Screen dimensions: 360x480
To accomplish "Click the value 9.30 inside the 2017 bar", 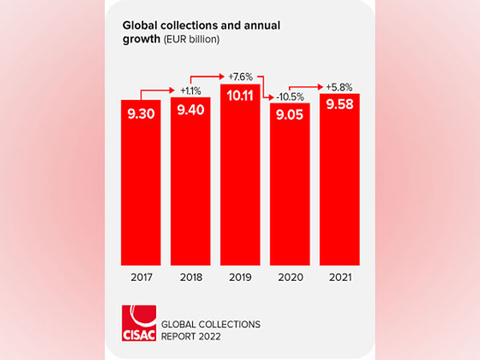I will click(141, 113).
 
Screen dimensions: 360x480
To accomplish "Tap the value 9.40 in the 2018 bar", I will click(190, 110).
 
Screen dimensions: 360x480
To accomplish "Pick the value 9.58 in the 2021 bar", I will click(338, 106).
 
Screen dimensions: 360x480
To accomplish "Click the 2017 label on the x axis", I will click(141, 279).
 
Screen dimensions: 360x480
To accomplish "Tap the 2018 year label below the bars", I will click(190, 279).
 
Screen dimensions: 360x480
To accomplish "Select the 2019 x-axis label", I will click(240, 279).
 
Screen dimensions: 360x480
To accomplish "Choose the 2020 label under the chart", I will click(289, 279).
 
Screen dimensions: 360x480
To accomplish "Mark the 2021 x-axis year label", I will click(338, 279).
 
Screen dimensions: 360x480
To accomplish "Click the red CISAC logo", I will click(138, 322).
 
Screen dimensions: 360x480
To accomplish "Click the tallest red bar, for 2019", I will click(240, 184).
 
